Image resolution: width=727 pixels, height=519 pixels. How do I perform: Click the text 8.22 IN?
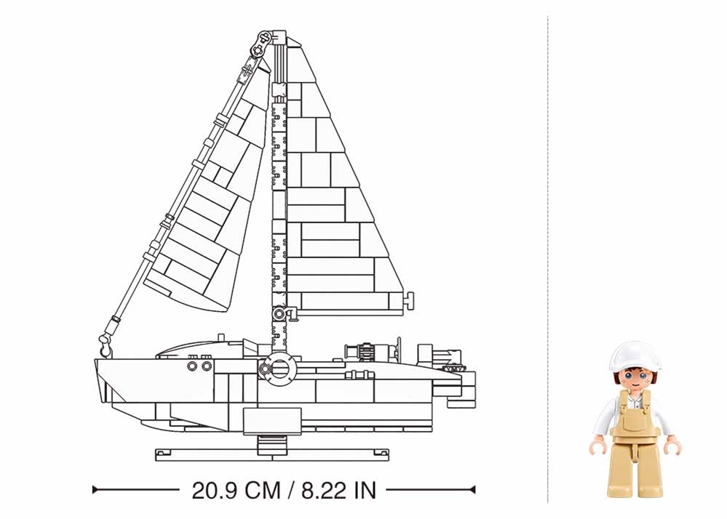[x=339, y=491]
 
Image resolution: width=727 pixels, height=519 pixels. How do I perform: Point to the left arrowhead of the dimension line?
[x=95, y=489]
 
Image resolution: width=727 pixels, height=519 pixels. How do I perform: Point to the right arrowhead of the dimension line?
[x=472, y=489]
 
